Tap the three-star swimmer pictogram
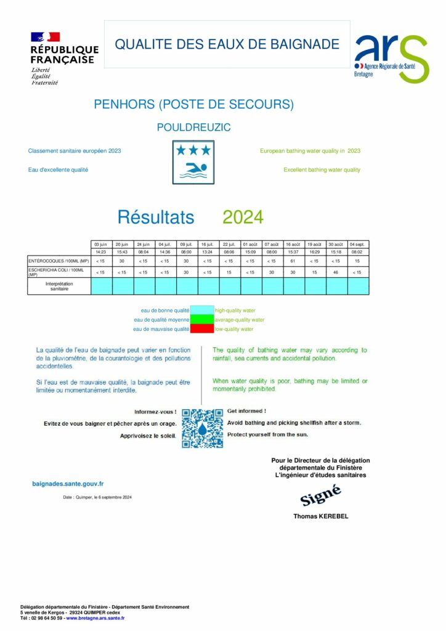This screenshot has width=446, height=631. (193, 162)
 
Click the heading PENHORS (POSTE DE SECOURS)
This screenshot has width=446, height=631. (193, 105)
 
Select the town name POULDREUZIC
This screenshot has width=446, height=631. (193, 128)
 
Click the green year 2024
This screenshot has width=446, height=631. (243, 218)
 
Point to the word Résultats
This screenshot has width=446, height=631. (156, 218)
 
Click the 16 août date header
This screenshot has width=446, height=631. (293, 245)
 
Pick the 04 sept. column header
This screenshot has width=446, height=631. (357, 245)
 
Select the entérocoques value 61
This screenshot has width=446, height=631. (293, 261)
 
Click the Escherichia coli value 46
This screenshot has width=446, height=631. (336, 272)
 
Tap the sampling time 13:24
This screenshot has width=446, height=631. (208, 252)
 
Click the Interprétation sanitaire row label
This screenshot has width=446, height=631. (59, 286)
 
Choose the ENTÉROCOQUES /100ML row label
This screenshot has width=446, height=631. (59, 261)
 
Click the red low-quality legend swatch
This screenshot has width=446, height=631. (201, 330)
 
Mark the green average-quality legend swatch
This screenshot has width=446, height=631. (201, 320)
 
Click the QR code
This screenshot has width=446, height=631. (203, 428)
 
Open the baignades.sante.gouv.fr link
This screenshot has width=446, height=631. (68, 484)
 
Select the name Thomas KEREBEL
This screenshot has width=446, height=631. (320, 516)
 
